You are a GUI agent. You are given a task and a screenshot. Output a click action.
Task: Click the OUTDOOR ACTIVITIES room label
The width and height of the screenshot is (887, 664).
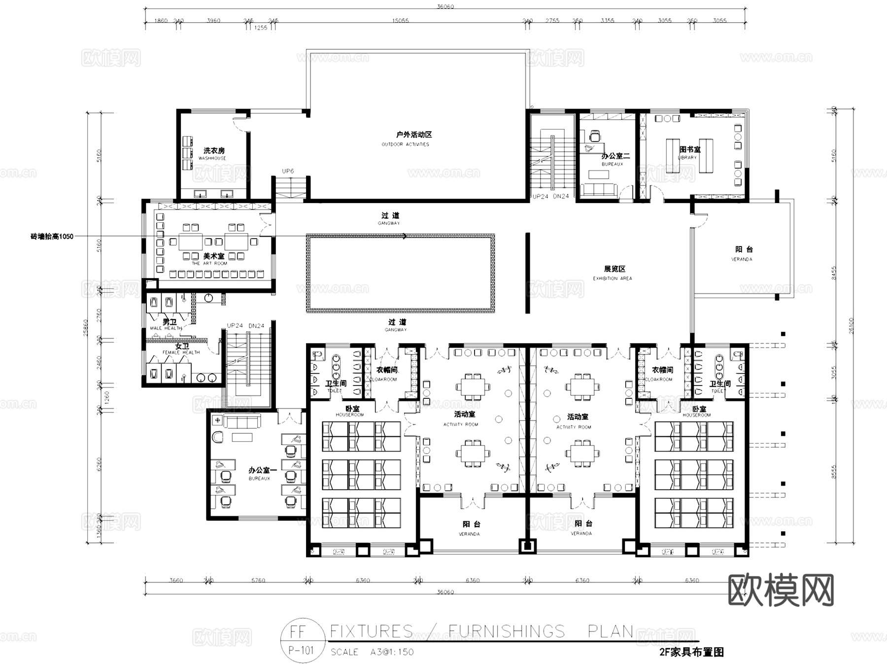pos(405,144)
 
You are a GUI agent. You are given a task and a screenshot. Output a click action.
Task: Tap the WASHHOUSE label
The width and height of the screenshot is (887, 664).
pos(212,158)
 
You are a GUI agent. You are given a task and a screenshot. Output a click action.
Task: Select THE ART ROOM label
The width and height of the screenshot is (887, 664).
pos(209,263)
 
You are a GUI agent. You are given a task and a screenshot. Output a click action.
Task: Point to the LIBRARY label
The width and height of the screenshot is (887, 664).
pos(687,158)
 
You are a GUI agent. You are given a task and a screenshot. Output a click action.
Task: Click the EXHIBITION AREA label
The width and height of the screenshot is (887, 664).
pos(612,279)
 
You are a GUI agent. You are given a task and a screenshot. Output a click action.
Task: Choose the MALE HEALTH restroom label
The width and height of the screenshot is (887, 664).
pos(166,328)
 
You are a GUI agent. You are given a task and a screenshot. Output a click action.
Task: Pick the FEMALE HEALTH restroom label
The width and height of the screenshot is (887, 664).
pos(181,352)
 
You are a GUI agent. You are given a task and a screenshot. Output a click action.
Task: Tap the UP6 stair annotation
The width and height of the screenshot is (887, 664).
pos(288,171)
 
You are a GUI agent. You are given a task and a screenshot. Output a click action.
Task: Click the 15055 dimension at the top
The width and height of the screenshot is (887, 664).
pos(400,21)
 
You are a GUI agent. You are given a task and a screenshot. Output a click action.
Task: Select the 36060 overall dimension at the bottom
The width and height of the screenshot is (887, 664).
pos(445,592)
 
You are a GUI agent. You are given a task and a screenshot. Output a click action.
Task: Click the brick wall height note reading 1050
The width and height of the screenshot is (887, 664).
pos(52,237)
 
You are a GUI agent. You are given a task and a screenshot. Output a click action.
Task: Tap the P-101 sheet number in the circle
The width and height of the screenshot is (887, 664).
pos(301,650)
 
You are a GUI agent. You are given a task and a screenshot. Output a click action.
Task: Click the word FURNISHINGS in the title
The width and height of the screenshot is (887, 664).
pos(507,631)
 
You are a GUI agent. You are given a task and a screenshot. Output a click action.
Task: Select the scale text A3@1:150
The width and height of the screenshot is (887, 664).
pos(392,652)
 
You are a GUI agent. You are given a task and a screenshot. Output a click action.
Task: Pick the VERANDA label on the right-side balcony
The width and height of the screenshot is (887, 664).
pos(742,259)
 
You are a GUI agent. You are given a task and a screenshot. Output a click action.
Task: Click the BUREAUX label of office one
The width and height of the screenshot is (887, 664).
pos(259,479)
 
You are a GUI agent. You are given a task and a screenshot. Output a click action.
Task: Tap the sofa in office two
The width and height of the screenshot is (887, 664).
pos(598,190)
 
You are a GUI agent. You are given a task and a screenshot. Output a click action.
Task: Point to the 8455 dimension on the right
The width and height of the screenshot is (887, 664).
pos(834,273)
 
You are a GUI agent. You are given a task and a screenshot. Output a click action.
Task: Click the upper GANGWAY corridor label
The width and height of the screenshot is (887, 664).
pos(389,223)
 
